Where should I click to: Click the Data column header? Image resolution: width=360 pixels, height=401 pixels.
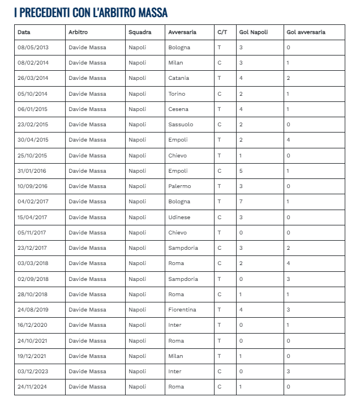tap(24, 32)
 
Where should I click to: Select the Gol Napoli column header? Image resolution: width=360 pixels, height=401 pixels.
tap(254, 32)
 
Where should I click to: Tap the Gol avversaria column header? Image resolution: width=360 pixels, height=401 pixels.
tap(306, 32)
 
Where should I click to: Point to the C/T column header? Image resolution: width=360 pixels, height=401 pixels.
tap(222, 32)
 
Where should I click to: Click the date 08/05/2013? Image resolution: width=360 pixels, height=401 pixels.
tap(33, 48)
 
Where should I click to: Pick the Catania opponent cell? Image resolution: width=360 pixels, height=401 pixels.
tap(179, 78)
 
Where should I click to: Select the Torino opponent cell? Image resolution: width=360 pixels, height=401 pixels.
tap(177, 93)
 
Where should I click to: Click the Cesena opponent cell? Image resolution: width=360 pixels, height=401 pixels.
tap(178, 109)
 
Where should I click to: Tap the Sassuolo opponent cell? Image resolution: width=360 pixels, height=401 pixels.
tap(181, 124)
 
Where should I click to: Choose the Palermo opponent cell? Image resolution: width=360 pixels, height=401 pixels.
tap(179, 186)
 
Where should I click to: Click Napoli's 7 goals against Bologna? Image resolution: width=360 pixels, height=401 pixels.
tap(241, 201)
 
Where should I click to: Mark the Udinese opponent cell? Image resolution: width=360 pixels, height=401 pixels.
tap(179, 217)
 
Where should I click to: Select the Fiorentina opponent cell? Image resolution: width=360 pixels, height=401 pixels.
tap(182, 310)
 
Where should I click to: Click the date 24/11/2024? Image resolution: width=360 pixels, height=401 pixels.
tap(33, 387)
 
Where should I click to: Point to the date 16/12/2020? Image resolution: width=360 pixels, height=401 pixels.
tap(33, 325)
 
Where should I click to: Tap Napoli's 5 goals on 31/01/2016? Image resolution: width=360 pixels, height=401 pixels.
tap(241, 170)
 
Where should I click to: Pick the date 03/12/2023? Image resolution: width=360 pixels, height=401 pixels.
tap(33, 372)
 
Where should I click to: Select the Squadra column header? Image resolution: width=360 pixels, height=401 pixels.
tap(140, 32)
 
